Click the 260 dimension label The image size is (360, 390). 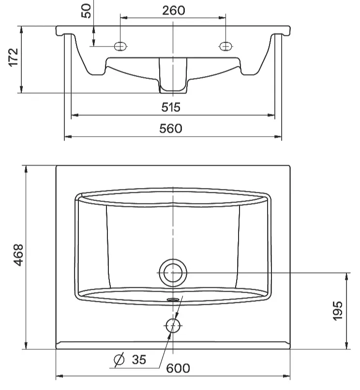click(173, 11)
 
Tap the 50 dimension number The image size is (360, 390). click(86, 11)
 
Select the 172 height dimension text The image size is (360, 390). click(14, 58)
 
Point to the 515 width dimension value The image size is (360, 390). click(171, 107)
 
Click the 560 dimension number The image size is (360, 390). click(171, 128)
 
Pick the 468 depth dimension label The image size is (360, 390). click(18, 255)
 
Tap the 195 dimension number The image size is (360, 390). click(337, 311)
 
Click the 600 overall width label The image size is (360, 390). click(178, 368)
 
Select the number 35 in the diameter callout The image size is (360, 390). click(139, 359)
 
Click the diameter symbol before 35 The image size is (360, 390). click(119, 359)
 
